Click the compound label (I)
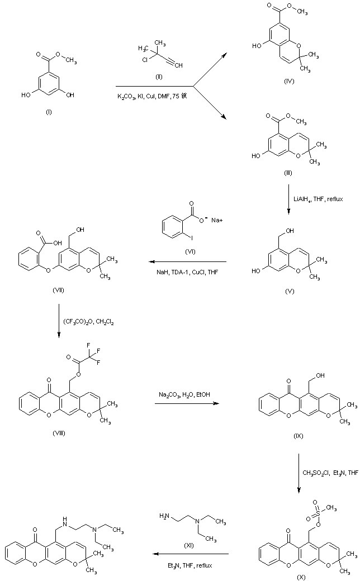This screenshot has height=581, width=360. tap(49, 112)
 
